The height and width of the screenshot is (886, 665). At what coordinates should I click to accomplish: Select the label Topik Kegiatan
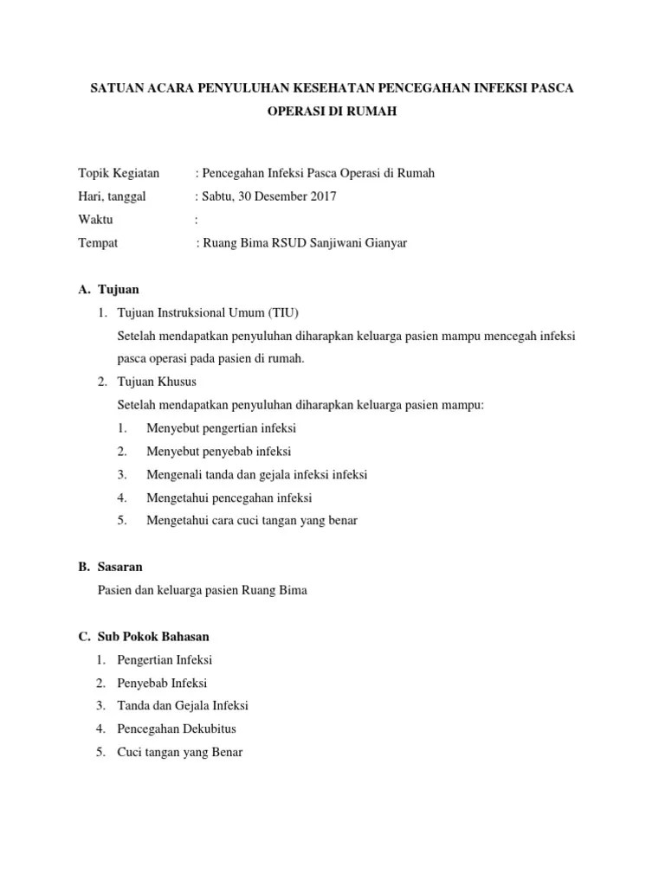[119, 173]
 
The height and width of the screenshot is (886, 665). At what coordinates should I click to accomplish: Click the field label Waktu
[95, 220]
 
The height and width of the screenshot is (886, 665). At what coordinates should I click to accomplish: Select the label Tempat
[98, 243]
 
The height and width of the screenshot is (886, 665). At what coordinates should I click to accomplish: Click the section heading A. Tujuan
[108, 289]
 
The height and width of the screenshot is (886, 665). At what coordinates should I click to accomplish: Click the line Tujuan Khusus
[157, 382]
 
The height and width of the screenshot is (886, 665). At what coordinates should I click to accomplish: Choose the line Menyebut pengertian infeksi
[222, 428]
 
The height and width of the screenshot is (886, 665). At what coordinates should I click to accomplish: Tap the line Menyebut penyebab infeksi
[218, 452]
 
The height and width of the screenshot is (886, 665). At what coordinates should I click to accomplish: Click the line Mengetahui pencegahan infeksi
[229, 498]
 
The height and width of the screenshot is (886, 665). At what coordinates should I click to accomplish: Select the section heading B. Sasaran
[110, 568]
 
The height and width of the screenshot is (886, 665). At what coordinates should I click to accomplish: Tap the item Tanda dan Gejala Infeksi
[183, 706]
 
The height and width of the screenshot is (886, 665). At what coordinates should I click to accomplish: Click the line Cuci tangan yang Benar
[180, 753]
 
